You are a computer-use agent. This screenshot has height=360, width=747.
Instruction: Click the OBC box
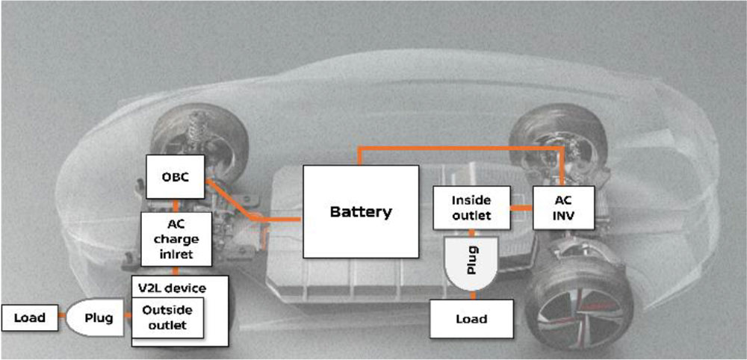pos(176,178)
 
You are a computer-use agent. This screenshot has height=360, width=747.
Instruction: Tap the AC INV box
pos(563,206)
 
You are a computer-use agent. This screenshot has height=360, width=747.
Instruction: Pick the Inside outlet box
pos(471,208)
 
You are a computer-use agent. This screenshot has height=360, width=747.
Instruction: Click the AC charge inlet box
pos(174,239)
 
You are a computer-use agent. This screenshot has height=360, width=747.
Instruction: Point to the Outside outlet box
pos(167,317)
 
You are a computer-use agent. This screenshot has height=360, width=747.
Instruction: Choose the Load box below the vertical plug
pos(471,319)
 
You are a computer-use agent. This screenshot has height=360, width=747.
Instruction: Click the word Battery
pos(360,211)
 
